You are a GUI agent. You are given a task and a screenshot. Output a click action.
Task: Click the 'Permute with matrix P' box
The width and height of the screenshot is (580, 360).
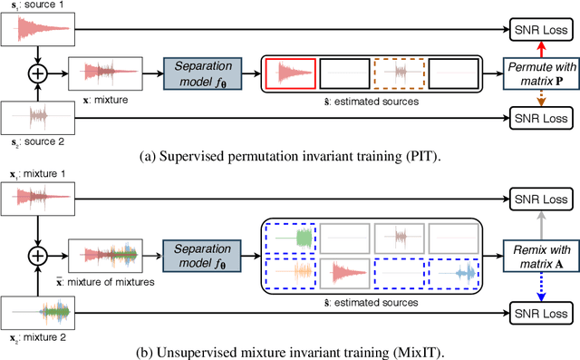[540, 72]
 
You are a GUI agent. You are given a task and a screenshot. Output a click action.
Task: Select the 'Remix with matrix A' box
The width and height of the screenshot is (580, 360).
[540, 256]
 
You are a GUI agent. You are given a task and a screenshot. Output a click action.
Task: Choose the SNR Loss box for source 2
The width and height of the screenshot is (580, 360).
[541, 118]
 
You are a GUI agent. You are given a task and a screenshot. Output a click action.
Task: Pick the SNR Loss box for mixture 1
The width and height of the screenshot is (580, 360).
[541, 198]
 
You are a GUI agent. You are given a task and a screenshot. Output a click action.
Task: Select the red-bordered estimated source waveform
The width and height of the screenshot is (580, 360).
[290, 73]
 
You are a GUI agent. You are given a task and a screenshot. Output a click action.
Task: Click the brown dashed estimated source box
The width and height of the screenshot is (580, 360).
[399, 73]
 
